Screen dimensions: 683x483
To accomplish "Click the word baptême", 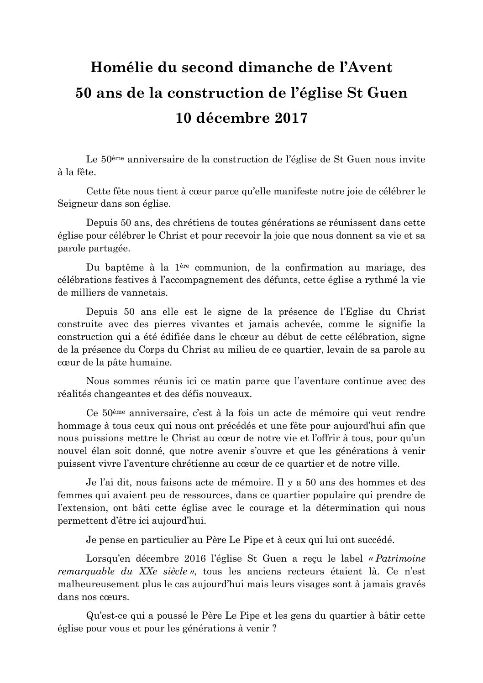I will click(122, 267).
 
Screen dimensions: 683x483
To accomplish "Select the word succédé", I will click(375, 539).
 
